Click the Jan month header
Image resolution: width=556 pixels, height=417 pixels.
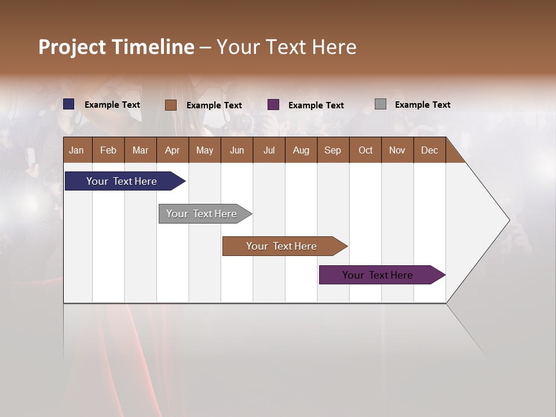tap(76, 150)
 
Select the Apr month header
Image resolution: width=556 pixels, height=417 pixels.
tap(172, 150)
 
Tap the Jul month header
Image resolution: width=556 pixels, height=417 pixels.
tap(269, 150)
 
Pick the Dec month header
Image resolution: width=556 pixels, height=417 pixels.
tap(429, 150)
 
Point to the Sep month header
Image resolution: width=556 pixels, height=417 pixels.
tap(332, 150)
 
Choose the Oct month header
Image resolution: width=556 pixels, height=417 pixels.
tap(365, 150)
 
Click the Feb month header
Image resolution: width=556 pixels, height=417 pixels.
tap(108, 150)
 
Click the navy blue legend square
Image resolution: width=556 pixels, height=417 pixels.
tap(69, 104)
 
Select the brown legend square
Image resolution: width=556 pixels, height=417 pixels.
tap(171, 105)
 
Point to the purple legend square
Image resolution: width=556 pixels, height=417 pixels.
tap(273, 105)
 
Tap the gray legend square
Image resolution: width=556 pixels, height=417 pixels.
tap(381, 104)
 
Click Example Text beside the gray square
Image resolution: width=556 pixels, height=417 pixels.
tap(422, 105)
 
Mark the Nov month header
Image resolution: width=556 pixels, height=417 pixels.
tap(397, 150)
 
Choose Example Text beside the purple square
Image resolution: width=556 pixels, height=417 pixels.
tap(316, 105)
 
